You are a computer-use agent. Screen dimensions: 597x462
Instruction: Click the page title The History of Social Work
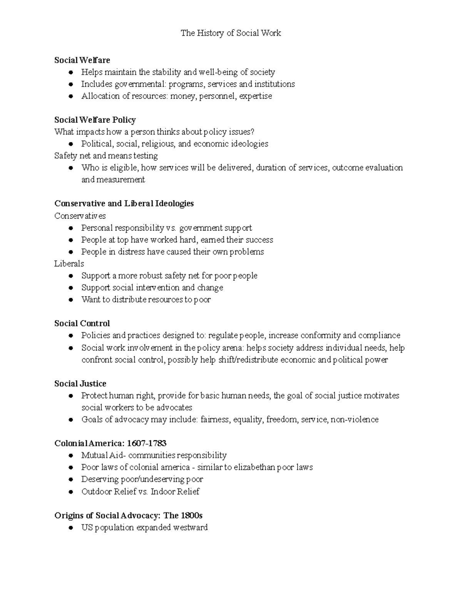coord(231,33)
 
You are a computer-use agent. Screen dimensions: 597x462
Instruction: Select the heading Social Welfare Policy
coord(95,120)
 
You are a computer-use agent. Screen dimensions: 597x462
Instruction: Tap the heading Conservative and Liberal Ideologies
coord(124,203)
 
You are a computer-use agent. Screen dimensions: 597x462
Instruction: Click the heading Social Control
coord(82,323)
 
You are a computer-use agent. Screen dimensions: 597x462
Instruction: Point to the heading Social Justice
coord(80,384)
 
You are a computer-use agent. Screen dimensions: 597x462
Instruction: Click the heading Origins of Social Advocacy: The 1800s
coord(128,516)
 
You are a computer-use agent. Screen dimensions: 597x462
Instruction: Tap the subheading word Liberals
coord(69,264)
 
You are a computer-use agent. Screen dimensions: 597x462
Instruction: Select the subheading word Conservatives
coord(80,216)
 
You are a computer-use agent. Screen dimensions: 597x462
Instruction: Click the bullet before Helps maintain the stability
coord(70,72)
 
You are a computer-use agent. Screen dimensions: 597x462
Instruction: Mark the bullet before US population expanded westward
coord(70,528)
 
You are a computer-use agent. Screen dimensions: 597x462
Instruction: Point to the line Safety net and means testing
coord(106,156)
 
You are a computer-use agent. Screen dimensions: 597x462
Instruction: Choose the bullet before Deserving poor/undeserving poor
coord(70,480)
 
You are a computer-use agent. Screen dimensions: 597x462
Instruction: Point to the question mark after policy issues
coord(253,132)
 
